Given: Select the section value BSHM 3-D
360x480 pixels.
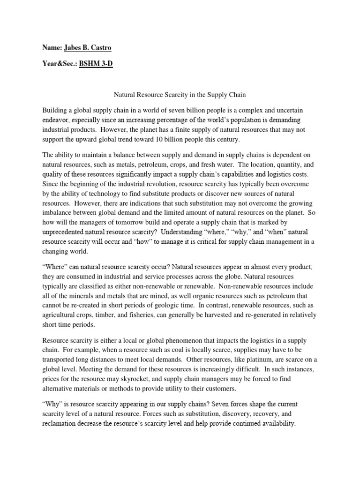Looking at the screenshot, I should [96, 64].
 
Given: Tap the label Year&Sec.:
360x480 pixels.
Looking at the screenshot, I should [59, 64].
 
